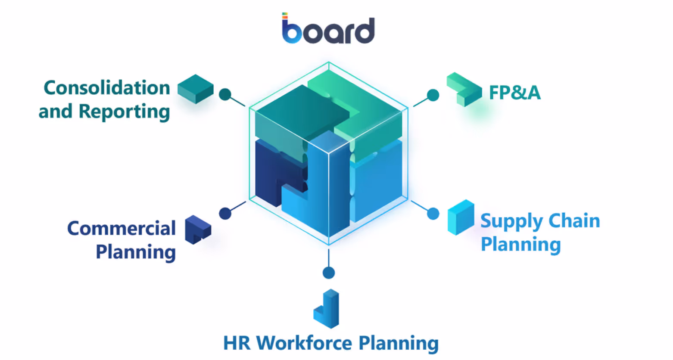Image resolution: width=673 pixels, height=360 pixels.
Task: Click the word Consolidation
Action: click(107, 88)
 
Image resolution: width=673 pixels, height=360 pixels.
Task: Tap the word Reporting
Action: click(124, 112)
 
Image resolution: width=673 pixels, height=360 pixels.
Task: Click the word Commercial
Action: click(122, 229)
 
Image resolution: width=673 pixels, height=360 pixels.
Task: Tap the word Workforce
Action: click(304, 343)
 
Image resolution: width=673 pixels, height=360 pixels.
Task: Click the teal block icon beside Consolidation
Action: click(196, 89)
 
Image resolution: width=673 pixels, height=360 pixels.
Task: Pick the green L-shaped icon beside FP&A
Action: click(464, 90)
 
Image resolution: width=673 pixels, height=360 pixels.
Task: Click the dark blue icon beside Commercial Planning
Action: click(198, 230)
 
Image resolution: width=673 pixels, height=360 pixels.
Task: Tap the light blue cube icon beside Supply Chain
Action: click(461, 217)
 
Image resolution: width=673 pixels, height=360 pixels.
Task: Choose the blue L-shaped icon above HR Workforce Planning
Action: click(327, 309)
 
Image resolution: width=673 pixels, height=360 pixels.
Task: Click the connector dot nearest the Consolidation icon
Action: click(225, 94)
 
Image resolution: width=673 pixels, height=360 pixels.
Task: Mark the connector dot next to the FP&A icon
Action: click(433, 95)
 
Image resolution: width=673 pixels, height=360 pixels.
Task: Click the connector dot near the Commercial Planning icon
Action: click(225, 213)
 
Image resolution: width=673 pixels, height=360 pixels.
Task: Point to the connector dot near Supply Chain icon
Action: click(433, 214)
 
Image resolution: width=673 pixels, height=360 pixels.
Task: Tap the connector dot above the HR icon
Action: click(329, 273)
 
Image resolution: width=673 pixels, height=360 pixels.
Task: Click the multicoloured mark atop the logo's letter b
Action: click(285, 16)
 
